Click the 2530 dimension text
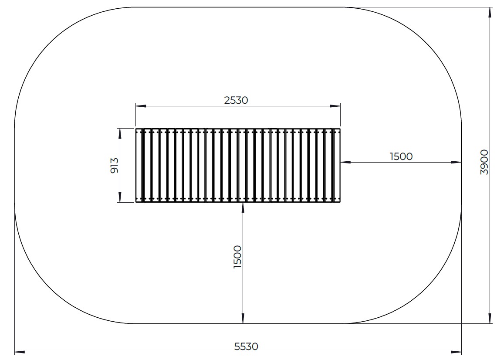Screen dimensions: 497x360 (236, 100)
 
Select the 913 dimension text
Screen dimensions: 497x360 (114, 165)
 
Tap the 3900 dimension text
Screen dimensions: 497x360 (484, 162)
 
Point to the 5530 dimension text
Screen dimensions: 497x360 (246, 346)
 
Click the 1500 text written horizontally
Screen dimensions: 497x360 (401, 156)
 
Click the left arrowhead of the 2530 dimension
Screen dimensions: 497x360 (141, 106)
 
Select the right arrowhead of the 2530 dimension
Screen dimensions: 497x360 (335, 106)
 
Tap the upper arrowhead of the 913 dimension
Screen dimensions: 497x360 (120, 133)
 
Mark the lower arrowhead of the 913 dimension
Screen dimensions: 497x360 (120, 197)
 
